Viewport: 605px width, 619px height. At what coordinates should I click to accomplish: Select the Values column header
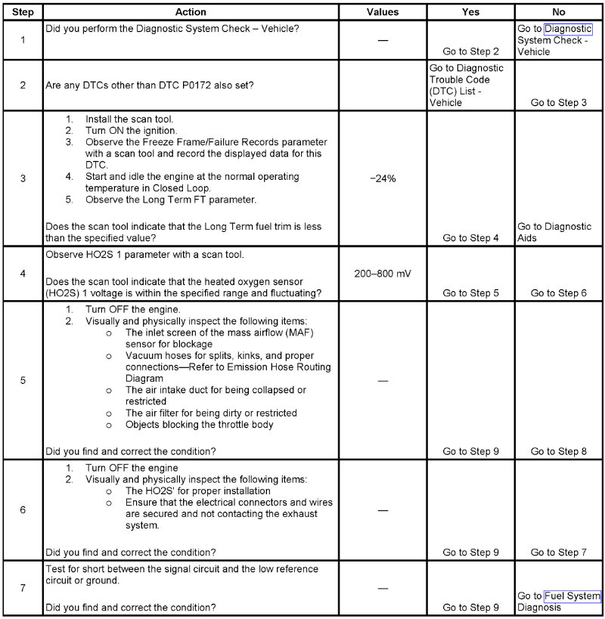tap(382, 13)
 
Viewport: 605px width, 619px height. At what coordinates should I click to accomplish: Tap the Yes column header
tap(470, 13)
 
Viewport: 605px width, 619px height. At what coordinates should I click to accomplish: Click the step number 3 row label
tap(23, 178)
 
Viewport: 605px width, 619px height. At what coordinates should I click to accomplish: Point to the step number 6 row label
tap(23, 510)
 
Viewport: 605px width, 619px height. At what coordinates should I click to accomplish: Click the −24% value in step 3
tap(383, 178)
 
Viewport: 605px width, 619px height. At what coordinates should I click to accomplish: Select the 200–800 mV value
tap(383, 272)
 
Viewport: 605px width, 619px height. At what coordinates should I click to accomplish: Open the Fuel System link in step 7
tap(572, 596)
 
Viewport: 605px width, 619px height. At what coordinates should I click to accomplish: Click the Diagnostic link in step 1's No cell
tap(568, 29)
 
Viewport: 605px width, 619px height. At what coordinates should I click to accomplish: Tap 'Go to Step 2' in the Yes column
tap(470, 51)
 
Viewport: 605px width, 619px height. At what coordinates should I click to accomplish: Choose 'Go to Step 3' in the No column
tap(559, 102)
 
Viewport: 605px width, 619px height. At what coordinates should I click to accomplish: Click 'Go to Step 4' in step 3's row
tap(470, 238)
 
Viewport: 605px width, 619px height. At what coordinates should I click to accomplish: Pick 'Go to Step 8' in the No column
tap(559, 451)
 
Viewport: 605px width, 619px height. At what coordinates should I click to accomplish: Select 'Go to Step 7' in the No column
tap(559, 552)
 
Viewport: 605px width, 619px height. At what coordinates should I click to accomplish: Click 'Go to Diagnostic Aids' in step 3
tap(554, 232)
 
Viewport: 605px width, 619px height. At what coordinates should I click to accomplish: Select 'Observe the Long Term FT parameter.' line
tap(171, 200)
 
